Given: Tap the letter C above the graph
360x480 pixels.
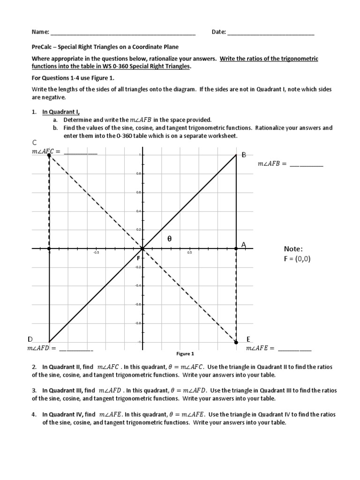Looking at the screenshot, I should point(34,142).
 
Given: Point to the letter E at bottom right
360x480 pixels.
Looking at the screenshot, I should point(248,339).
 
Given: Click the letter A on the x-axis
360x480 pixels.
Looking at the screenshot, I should point(243,245).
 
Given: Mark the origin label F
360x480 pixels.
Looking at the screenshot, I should point(138,258).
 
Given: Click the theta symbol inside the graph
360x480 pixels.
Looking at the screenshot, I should point(170,239).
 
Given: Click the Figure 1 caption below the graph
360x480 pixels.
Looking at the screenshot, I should point(185,354).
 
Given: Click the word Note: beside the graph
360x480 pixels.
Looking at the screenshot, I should point(293,248).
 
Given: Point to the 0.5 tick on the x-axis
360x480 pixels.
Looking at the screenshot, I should point(189,253).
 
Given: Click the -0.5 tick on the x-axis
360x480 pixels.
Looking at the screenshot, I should point(96,253).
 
